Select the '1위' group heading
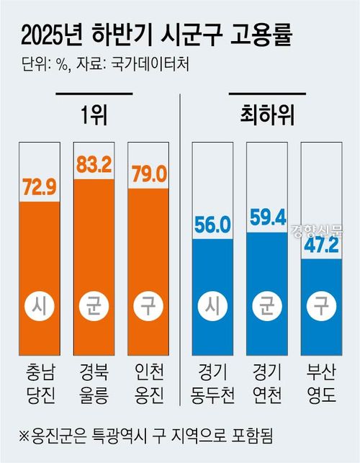point(94,114)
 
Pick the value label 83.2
point(94,166)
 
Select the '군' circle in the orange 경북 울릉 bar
point(94,310)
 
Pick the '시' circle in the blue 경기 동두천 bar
point(212,310)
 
